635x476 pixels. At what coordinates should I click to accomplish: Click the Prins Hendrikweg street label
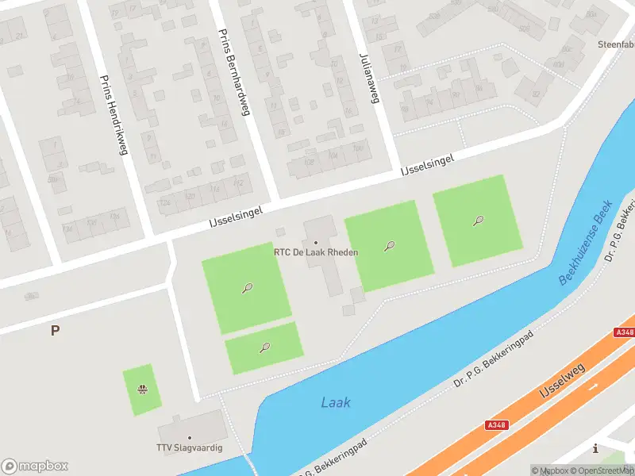coord(113,115)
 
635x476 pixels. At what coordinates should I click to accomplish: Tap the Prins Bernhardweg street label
coord(234,73)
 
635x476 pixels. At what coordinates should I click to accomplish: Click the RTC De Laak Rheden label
coord(316,252)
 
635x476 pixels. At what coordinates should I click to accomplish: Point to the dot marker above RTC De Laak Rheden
coord(316,242)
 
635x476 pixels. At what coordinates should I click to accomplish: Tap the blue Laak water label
coord(336,402)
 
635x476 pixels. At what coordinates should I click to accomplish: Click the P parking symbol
coord(55,331)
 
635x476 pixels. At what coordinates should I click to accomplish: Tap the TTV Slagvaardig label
coord(190,448)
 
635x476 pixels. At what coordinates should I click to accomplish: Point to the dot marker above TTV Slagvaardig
coord(190,438)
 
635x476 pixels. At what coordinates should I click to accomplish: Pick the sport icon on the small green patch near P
coord(142,389)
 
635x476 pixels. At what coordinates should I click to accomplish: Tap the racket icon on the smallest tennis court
coord(264,347)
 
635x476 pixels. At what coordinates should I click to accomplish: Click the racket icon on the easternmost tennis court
coord(479,221)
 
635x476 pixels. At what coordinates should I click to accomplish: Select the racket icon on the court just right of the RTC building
coord(389,246)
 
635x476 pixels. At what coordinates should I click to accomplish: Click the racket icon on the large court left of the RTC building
coord(248,288)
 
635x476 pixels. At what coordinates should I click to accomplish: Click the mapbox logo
coord(35,466)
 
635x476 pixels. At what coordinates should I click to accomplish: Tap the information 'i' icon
coord(595,448)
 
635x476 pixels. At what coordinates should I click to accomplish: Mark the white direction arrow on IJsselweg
coord(594,387)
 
